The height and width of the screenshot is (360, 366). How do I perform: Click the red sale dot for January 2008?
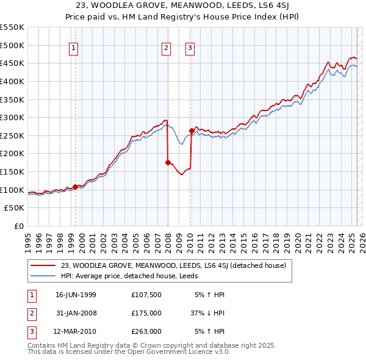[168, 162]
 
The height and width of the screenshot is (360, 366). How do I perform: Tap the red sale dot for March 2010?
[191, 131]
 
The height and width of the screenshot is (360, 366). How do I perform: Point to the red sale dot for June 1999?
[75, 187]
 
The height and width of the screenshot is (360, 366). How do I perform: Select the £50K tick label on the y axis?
[15, 208]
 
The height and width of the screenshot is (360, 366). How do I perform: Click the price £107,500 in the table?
[146, 295]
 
